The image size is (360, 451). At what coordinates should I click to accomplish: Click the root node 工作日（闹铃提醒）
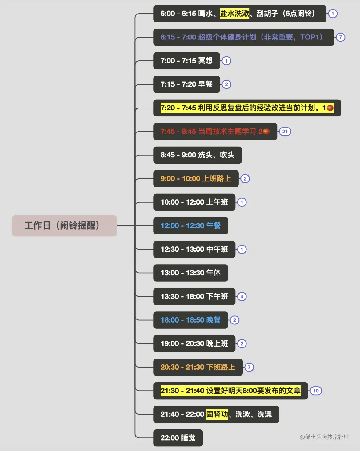[64, 225]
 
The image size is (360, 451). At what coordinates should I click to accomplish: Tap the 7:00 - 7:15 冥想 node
[186, 61]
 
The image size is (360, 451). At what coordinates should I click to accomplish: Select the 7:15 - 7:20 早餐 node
[186, 84]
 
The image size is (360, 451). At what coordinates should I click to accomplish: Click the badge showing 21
[285, 132]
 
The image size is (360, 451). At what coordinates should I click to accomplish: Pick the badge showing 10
[316, 391]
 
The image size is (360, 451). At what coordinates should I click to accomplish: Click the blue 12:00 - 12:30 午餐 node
[190, 225]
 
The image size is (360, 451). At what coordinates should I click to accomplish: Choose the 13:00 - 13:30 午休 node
[190, 273]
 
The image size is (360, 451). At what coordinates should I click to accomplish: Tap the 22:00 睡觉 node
[178, 438]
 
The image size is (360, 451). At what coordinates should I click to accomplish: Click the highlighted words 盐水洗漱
[234, 14]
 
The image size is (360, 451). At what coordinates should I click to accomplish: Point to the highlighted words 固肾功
[217, 414]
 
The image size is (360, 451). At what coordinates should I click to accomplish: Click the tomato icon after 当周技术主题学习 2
[266, 132]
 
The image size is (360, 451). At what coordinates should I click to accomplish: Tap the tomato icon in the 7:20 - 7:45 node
[330, 108]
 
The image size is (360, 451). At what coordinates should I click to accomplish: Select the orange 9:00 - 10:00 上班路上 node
[196, 178]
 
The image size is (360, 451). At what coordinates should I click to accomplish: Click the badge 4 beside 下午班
[242, 296]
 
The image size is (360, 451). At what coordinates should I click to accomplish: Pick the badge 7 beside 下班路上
[249, 367]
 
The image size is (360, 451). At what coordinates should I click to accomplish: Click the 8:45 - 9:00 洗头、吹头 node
[197, 155]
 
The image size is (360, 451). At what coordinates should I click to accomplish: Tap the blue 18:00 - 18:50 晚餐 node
[190, 320]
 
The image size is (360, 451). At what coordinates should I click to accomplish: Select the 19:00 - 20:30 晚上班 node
[194, 343]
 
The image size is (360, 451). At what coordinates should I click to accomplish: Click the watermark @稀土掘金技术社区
[324, 437]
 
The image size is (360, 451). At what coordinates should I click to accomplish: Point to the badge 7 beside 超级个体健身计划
[340, 37]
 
